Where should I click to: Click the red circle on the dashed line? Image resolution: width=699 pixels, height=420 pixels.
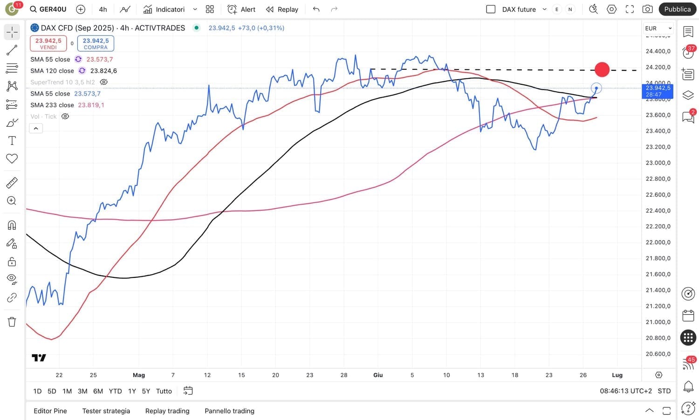[x=602, y=69]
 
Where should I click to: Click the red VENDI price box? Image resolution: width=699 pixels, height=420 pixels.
[x=48, y=43]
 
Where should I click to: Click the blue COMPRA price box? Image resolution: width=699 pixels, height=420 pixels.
[x=96, y=43]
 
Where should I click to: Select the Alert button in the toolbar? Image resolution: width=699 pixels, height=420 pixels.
[x=241, y=9]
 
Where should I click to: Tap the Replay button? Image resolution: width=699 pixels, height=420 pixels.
[x=282, y=9]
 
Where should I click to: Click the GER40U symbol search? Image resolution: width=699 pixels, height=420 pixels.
[x=48, y=9]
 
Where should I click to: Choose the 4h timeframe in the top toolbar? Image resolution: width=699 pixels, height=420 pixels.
[x=103, y=9]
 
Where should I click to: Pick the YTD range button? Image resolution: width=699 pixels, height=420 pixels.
[x=115, y=391]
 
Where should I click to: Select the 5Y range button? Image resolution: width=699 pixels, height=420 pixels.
[x=146, y=391]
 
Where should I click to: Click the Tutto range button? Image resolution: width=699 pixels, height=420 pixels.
[x=164, y=391]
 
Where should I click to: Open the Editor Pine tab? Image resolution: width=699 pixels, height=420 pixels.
[x=50, y=411]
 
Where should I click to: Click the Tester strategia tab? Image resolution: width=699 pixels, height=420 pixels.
[x=106, y=411]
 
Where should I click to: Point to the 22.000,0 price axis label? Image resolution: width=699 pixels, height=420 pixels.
[x=658, y=242]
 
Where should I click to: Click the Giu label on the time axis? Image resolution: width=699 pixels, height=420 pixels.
[x=378, y=375]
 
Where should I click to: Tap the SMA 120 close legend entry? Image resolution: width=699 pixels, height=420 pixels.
[x=52, y=71]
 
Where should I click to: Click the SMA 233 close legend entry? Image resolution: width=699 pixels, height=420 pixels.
[x=52, y=105]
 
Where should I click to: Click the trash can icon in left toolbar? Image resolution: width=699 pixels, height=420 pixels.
[x=12, y=322]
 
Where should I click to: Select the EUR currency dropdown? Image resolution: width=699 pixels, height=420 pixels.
[x=658, y=28]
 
